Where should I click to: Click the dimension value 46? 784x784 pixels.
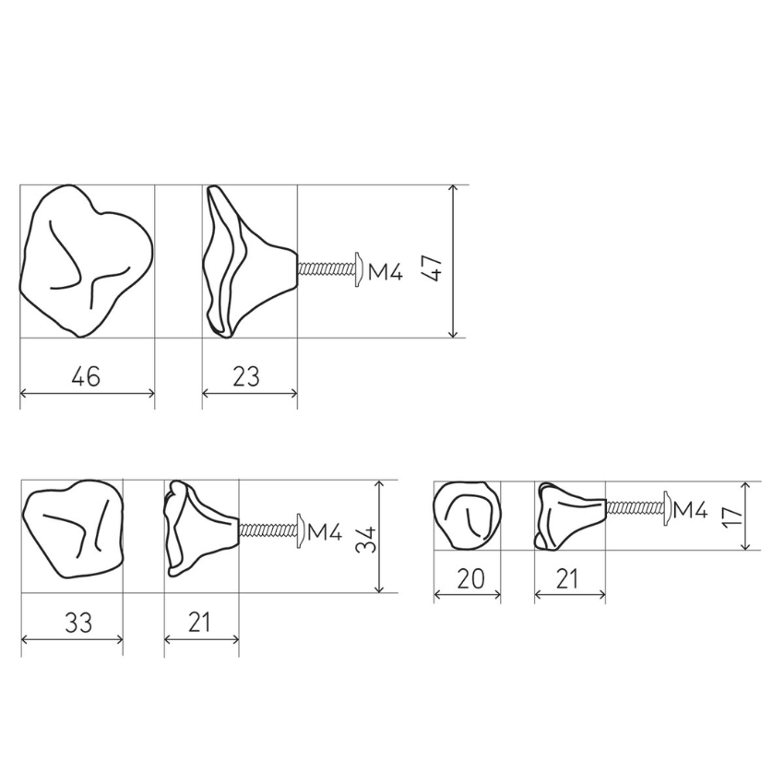(x=86, y=376)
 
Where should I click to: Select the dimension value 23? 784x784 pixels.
(x=246, y=376)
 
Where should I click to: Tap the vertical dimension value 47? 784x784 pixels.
(x=432, y=268)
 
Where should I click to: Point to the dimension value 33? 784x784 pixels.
(x=78, y=623)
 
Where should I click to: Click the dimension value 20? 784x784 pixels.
(x=470, y=578)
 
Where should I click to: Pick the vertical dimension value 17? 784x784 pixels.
(x=733, y=516)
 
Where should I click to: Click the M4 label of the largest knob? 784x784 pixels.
(x=385, y=272)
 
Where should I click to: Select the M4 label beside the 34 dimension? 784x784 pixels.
(x=325, y=532)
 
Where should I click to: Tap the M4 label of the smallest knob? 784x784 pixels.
(x=691, y=510)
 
